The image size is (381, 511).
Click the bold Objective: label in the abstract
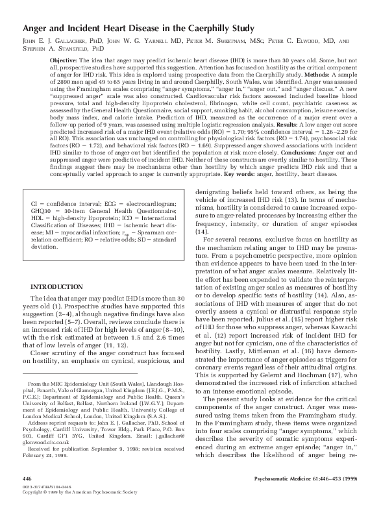67,60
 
